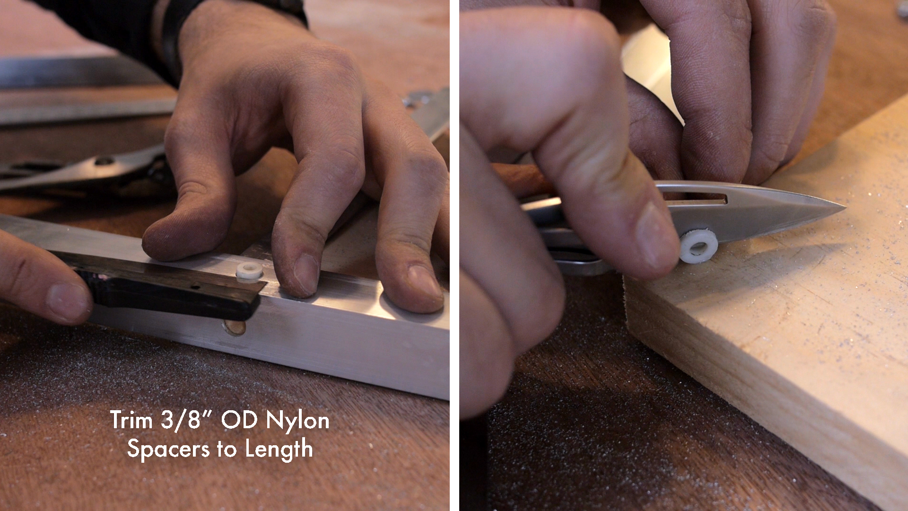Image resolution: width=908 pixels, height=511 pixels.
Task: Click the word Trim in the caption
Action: (131, 420)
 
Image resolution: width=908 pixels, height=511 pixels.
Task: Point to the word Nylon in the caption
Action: (297, 420)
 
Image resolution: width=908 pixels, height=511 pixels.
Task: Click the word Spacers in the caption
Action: (168, 449)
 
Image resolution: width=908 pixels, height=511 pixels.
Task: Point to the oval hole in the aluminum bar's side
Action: (235, 327)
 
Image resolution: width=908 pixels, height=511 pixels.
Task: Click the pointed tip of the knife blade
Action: (844, 206)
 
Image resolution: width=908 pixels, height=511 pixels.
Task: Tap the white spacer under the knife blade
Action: (698, 246)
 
